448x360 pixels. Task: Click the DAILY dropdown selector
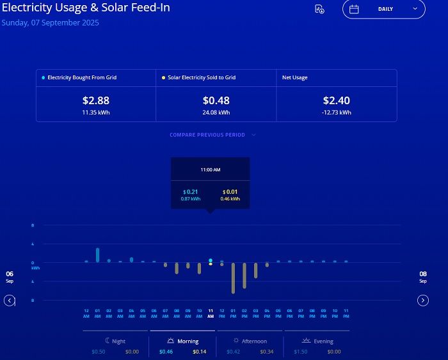pyautogui.click(x=384, y=9)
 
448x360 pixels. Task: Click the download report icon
pyautogui.click(x=319, y=9)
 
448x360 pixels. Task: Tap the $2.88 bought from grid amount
pyautogui.click(x=96, y=100)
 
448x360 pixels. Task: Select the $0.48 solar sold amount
pyautogui.click(x=216, y=100)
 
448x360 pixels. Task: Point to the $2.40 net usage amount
pyautogui.click(x=336, y=100)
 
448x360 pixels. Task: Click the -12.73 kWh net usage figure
pyautogui.click(x=336, y=113)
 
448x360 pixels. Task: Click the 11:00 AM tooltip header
pyautogui.click(x=210, y=170)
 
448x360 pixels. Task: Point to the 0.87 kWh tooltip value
pyautogui.click(x=190, y=199)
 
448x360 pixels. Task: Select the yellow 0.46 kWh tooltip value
pyautogui.click(x=230, y=199)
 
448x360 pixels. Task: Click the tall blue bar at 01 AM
pyautogui.click(x=97, y=254)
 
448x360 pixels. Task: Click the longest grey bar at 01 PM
pyautogui.click(x=233, y=278)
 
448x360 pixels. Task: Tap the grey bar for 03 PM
pyautogui.click(x=255, y=270)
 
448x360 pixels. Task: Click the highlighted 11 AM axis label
pyautogui.click(x=211, y=313)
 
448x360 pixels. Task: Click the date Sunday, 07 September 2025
pyautogui.click(x=51, y=23)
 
